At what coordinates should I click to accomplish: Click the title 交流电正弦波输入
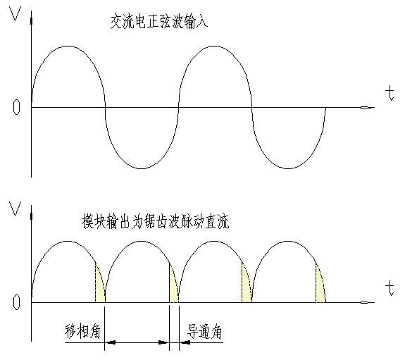pyautogui.click(x=159, y=22)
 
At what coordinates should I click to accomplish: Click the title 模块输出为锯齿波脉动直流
pyautogui.click(x=155, y=221)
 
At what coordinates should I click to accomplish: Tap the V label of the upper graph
pyautogui.click(x=15, y=14)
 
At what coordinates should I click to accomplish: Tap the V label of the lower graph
pyautogui.click(x=15, y=209)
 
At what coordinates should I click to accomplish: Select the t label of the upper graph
pyautogui.click(x=390, y=94)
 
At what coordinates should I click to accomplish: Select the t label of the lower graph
pyautogui.click(x=390, y=289)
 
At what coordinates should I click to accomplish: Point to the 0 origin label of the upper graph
pyautogui.click(x=16, y=107)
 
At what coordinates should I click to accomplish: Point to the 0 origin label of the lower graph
pyautogui.click(x=16, y=302)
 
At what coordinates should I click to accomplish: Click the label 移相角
pyautogui.click(x=82, y=331)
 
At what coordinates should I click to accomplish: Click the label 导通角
pyautogui.click(x=204, y=332)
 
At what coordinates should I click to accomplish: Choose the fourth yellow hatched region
pyautogui.click(x=320, y=285)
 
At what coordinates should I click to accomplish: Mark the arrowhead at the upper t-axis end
pyautogui.click(x=367, y=108)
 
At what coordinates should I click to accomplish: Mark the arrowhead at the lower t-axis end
pyautogui.click(x=367, y=302)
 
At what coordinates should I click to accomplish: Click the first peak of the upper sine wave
pyautogui.click(x=68, y=46)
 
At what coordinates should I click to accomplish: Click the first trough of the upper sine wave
pyautogui.click(x=142, y=168)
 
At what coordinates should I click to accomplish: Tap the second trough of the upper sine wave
pyautogui.click(x=288, y=168)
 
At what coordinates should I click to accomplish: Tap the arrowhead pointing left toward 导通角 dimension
pyautogui.click(x=185, y=342)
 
